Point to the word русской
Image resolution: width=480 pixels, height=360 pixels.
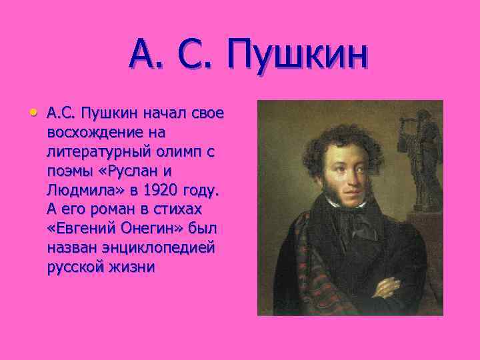click(x=73, y=267)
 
